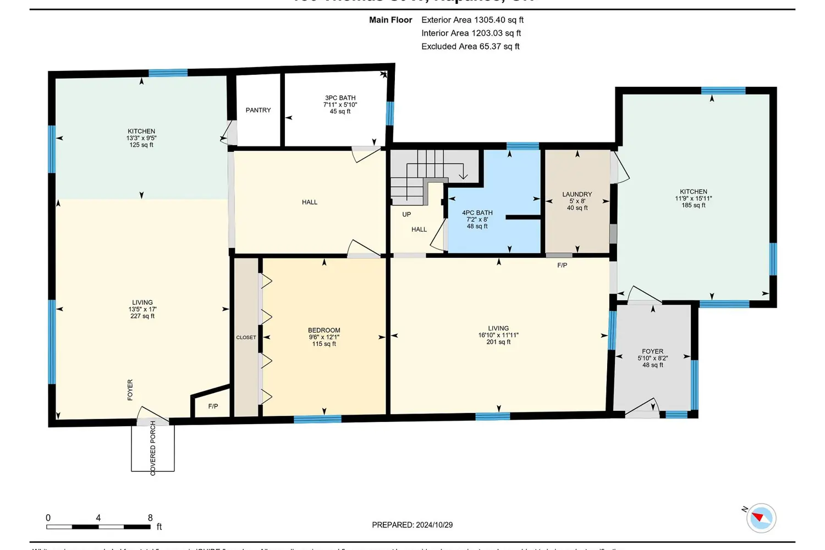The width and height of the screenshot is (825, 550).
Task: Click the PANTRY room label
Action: coord(258,110)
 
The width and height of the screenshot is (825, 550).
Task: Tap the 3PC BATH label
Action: coord(340,98)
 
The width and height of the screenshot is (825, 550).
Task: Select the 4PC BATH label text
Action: coord(477,213)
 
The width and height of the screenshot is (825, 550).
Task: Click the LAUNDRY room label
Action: coord(577,194)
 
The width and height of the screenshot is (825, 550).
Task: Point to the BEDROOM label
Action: coord(324,331)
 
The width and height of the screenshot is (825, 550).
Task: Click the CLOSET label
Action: coord(246,338)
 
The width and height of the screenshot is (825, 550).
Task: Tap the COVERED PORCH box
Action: coord(153,448)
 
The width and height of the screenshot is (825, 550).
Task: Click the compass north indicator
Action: coord(761,518)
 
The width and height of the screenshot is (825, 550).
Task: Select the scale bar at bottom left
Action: coord(98,527)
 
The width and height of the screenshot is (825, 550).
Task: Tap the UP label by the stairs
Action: coord(406,215)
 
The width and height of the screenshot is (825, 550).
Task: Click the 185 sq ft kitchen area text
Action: coord(694,205)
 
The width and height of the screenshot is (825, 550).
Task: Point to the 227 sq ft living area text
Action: coord(142,316)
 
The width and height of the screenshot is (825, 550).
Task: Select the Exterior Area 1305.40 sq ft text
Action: coord(472,20)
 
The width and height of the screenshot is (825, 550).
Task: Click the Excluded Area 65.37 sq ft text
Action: coord(470,46)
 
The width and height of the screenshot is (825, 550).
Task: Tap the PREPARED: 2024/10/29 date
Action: coord(412,525)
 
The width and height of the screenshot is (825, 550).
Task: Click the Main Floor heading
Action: coord(391,20)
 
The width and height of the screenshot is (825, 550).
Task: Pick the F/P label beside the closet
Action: coord(213,406)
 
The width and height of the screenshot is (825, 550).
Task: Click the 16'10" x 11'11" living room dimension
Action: coord(498,335)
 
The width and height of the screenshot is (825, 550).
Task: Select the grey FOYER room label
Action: coord(652,351)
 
